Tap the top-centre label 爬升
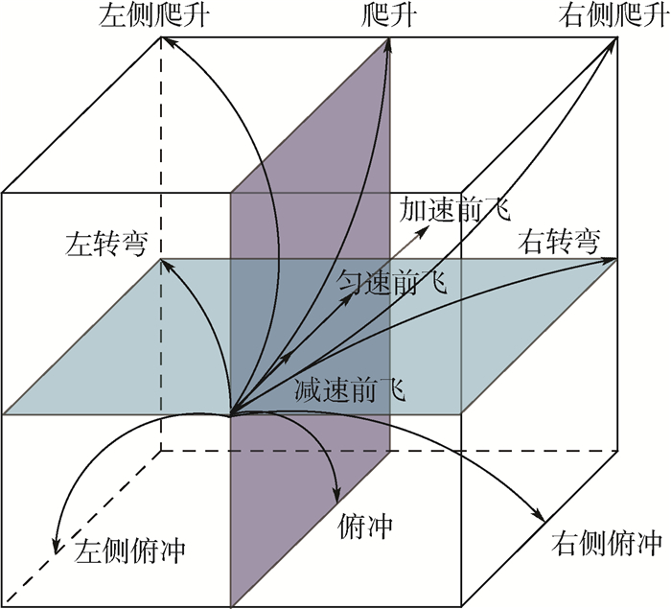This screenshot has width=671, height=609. pyautogui.click(x=389, y=16)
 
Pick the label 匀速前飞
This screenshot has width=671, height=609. pyautogui.click(x=394, y=283)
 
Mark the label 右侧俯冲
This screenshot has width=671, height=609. pyautogui.click(x=608, y=545)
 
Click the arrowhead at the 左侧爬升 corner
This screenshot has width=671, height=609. pyautogui.click(x=164, y=40)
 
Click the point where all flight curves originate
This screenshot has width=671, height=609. pyautogui.click(x=231, y=415)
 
